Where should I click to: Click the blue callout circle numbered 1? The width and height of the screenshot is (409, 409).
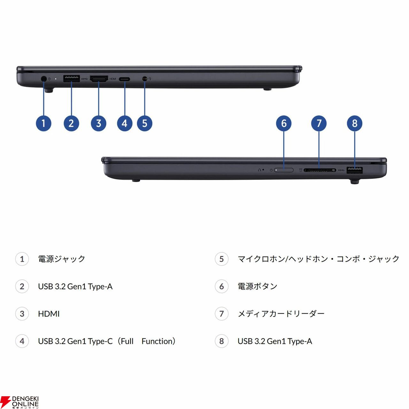point(43,123)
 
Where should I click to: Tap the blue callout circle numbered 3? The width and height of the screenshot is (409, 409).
point(98,123)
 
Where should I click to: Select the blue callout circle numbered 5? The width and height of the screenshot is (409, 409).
point(144,123)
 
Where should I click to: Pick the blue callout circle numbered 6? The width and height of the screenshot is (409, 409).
point(283,123)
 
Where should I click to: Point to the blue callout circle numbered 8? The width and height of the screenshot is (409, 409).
point(354,123)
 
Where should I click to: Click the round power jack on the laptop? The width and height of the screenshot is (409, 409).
point(43,79)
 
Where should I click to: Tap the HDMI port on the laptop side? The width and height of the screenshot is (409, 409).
point(99,79)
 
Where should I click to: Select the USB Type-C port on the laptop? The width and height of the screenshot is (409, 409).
point(124,79)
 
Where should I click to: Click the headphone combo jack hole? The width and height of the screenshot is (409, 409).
point(144,79)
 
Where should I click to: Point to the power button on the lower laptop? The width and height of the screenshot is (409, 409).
point(283,170)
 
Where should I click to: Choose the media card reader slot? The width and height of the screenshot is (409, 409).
point(320,170)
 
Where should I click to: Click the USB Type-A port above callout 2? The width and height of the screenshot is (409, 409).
point(71,79)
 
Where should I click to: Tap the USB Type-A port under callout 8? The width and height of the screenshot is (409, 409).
point(354,170)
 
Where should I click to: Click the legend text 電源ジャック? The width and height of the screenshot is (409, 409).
point(62,259)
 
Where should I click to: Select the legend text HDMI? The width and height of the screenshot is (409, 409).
point(49,314)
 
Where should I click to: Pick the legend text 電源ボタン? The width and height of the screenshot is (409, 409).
point(257,286)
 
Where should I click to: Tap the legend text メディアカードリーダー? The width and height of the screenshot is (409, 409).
point(281,314)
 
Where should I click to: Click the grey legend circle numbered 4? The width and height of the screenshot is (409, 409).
point(22,341)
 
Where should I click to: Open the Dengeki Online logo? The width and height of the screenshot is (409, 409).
point(19,401)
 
